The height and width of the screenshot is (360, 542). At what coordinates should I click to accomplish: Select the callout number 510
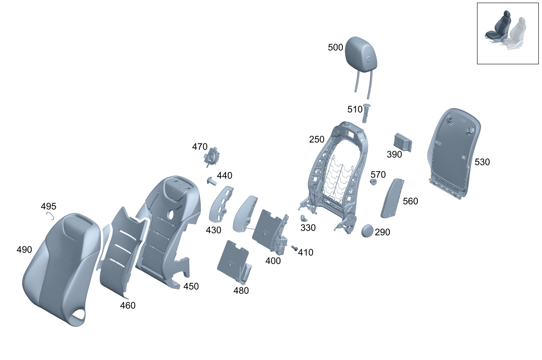coord(355,110)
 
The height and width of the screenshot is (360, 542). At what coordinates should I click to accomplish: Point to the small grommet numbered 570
coord(373,182)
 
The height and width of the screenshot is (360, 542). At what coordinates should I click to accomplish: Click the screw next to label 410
coord(294,248)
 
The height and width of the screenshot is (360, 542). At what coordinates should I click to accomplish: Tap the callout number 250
coord(317,140)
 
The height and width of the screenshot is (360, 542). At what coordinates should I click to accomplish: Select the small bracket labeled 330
coord(304,219)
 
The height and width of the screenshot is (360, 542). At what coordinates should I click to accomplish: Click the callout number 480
coord(241,291)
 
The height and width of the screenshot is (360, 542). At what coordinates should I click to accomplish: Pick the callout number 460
coord(128,305)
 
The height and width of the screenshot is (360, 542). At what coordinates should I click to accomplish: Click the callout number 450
coord(191,286)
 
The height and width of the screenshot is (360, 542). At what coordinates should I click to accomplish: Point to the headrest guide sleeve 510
coord(366,113)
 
